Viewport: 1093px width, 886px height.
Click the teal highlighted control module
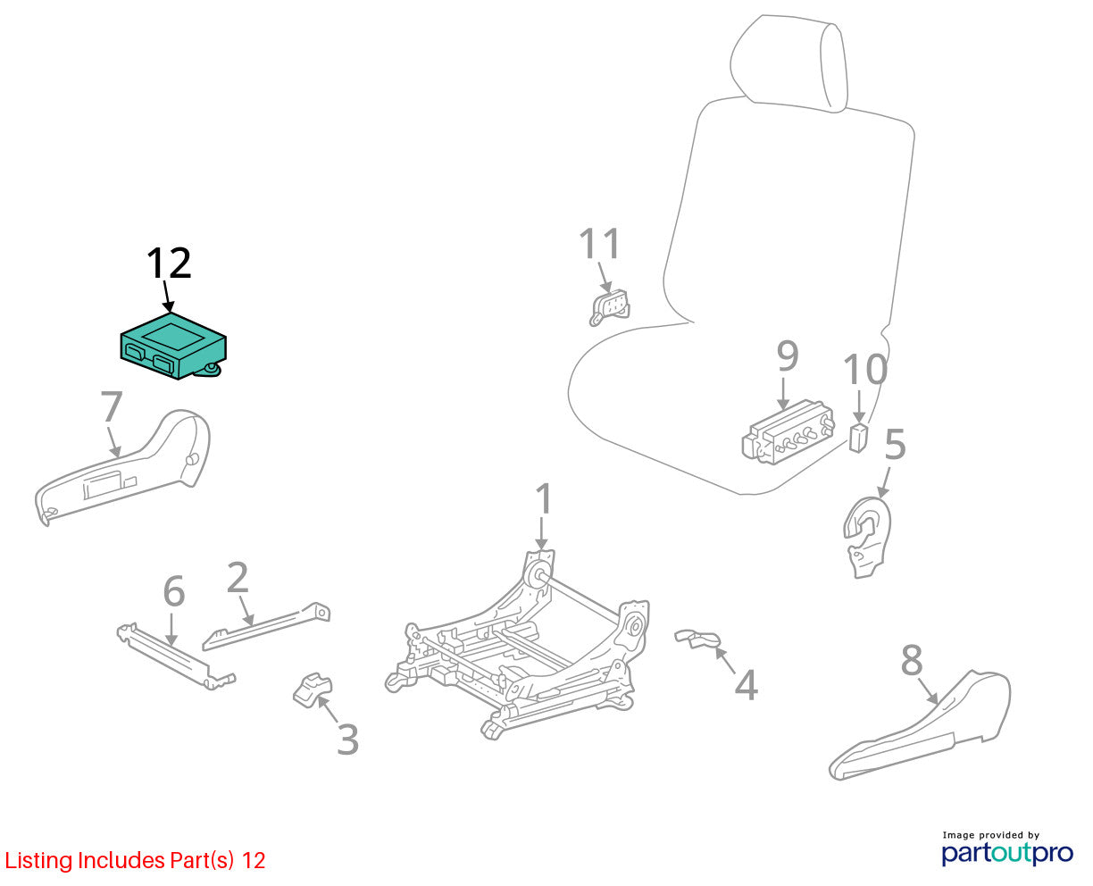pyautogui.click(x=173, y=346)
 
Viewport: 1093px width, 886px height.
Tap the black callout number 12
pyautogui.click(x=169, y=263)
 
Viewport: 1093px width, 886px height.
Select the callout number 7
pyautogui.click(x=112, y=406)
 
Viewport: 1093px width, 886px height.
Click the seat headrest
pyautogui.click(x=788, y=64)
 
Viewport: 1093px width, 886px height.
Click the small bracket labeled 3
pyautogui.click(x=312, y=690)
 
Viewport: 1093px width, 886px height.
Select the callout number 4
pyautogui.click(x=746, y=685)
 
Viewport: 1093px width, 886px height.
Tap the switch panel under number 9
pyautogui.click(x=788, y=432)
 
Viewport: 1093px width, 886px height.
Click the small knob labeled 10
pyautogui.click(x=858, y=438)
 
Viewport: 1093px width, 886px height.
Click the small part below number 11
pyautogui.click(x=609, y=307)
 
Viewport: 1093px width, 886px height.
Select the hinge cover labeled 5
pyautogui.click(x=867, y=537)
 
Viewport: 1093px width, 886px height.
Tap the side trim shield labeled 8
pyautogui.click(x=919, y=725)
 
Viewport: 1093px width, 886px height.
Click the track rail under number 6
pyautogui.click(x=176, y=656)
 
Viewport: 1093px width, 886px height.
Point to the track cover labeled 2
pyautogui.click(x=266, y=626)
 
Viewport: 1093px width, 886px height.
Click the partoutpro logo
pyautogui.click(x=1007, y=853)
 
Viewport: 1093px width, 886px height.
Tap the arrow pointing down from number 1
pyautogui.click(x=541, y=533)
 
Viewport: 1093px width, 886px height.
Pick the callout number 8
pyautogui.click(x=912, y=660)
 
